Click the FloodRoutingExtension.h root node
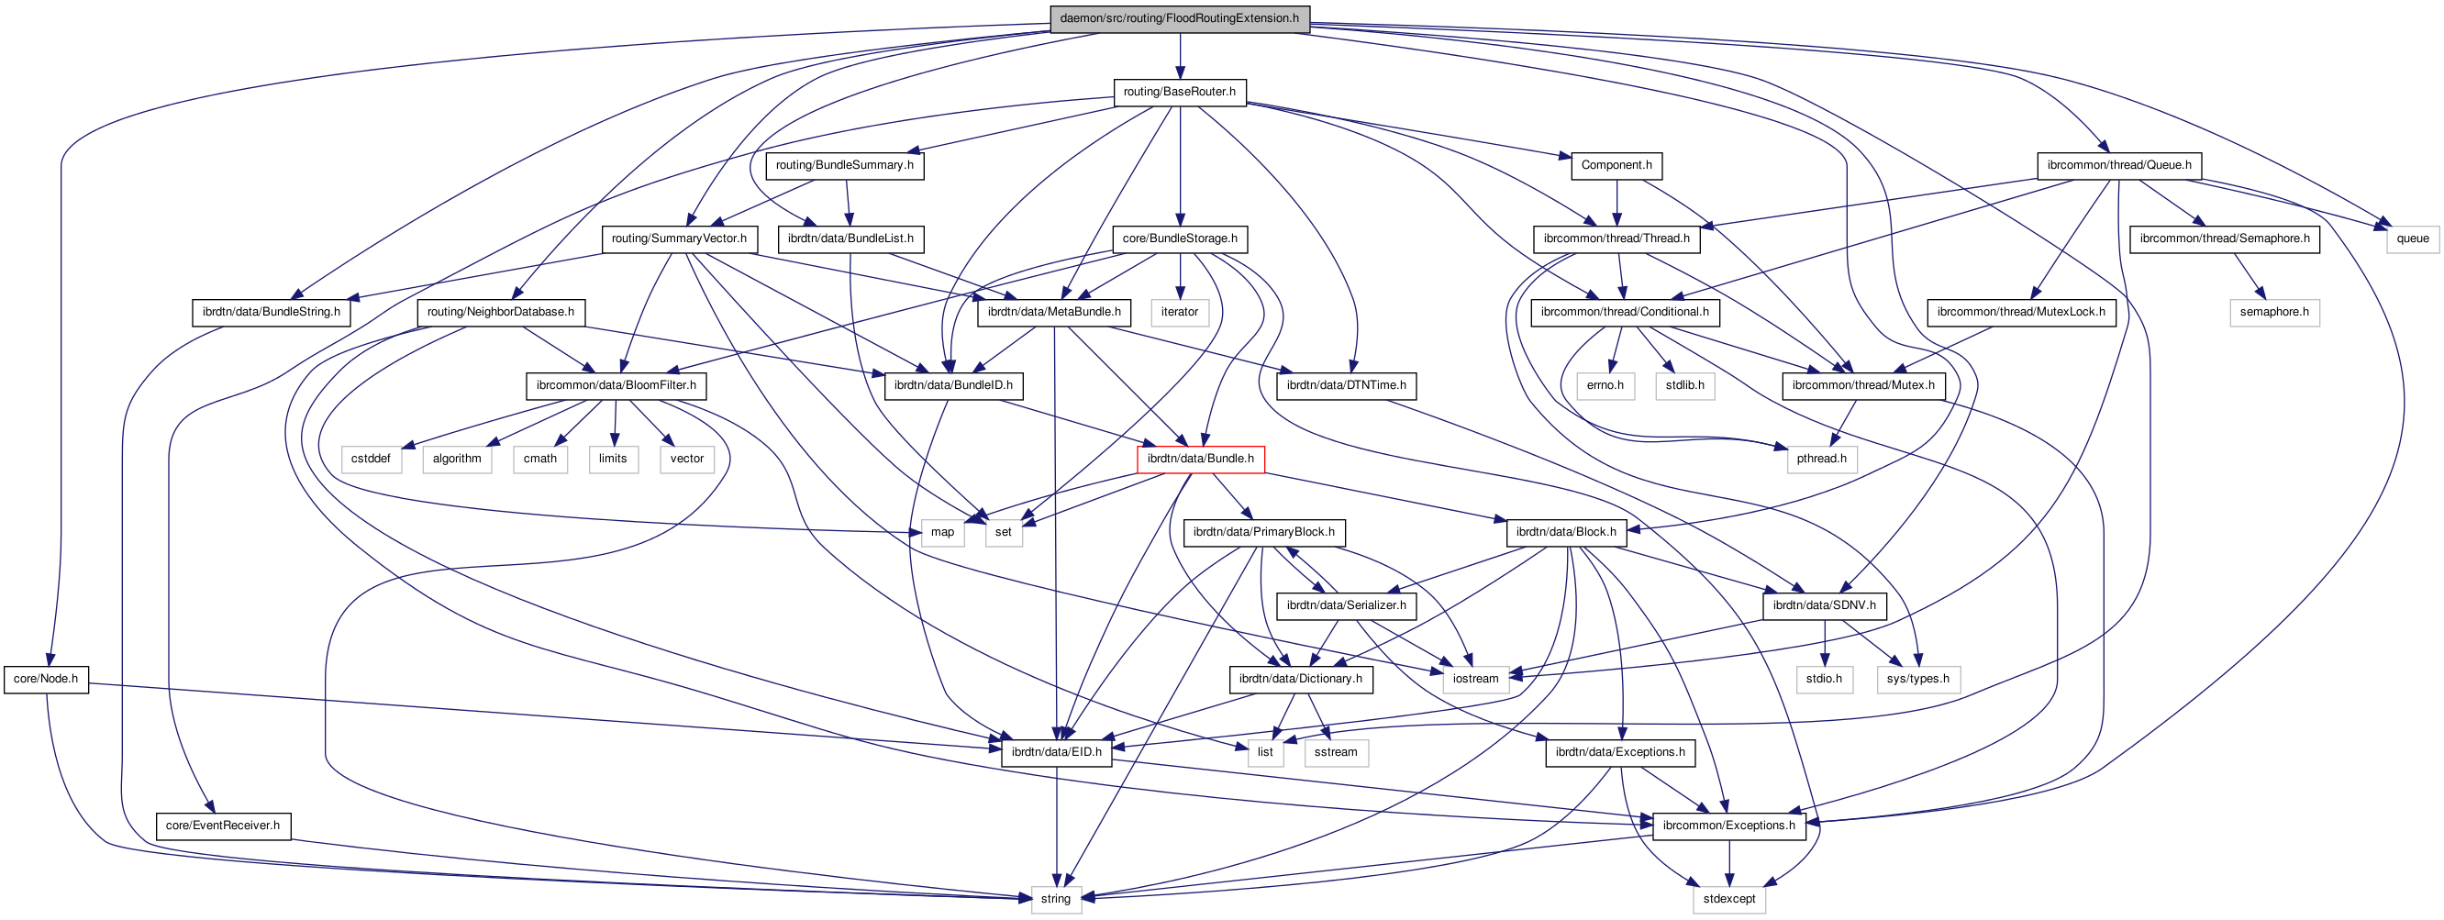[1179, 19]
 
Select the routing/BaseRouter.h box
[1179, 92]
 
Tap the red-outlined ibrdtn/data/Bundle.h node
[1200, 459]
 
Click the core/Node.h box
[46, 679]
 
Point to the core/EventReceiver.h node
[223, 826]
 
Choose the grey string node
[1055, 899]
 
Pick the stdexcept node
[1728, 899]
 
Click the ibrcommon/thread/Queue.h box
[2118, 166]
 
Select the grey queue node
[2412, 239]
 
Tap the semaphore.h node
[2274, 312]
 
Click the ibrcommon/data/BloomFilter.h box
[616, 386]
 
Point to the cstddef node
[370, 459]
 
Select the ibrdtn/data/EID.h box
[1056, 753]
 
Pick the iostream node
[1475, 679]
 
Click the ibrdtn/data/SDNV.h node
[1824, 606]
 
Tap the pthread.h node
[1822, 459]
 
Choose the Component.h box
[1616, 166]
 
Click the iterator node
[1179, 312]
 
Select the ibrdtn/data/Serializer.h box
[1346, 606]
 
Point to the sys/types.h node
[1917, 679]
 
